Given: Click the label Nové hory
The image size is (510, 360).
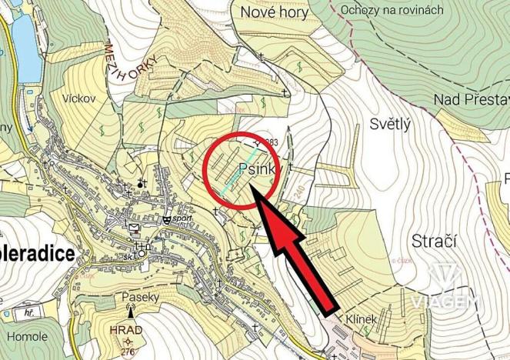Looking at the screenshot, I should pos(274,12).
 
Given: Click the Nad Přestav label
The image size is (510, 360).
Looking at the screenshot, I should pos(471,99).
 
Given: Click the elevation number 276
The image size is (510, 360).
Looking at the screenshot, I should pos(128,351).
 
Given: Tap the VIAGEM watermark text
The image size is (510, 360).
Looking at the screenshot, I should pos(445,302).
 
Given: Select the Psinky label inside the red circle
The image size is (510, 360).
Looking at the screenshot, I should pos(256,168).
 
